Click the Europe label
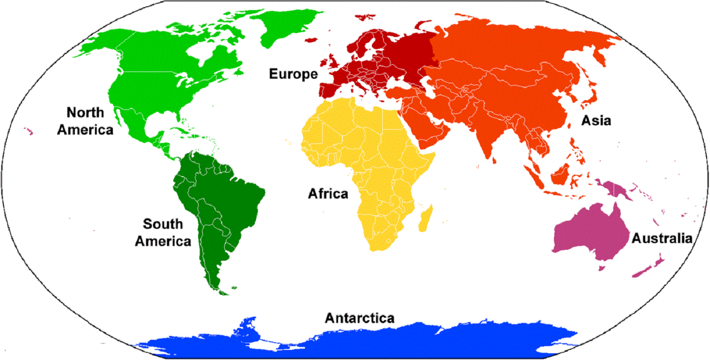(293, 74)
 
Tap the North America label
(85, 121)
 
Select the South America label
(163, 232)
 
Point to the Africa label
(328, 194)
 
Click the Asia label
(596, 120)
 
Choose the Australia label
(662, 238)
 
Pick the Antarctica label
(360, 318)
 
